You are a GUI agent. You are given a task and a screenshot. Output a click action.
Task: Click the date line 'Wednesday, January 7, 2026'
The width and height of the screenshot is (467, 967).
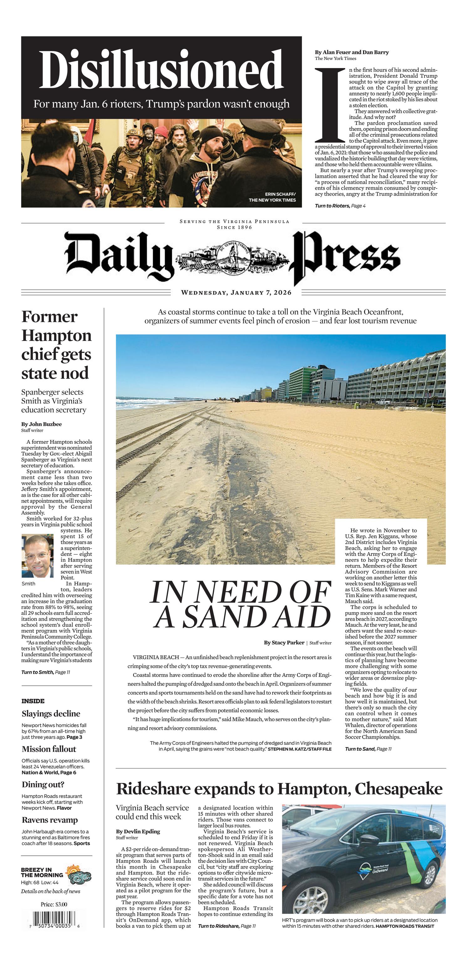236,293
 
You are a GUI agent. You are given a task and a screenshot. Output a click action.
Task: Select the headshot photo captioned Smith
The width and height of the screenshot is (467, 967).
38,556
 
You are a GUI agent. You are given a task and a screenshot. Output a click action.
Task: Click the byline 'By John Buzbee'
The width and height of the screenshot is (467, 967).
41,424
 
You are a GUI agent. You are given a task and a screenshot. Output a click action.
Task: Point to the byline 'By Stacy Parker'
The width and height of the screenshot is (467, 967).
284,642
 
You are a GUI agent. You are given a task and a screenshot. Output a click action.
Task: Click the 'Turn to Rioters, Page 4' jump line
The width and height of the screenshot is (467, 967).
340,206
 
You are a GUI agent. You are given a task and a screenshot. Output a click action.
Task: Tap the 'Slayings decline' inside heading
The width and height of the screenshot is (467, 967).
51,714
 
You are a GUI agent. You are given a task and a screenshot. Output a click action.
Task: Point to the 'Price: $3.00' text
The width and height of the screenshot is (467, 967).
54,904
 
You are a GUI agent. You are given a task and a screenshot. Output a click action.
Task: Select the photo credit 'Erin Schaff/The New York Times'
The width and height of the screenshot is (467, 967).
272,197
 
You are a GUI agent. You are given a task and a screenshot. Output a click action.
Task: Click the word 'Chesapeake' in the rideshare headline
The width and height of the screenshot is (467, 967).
398,788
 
